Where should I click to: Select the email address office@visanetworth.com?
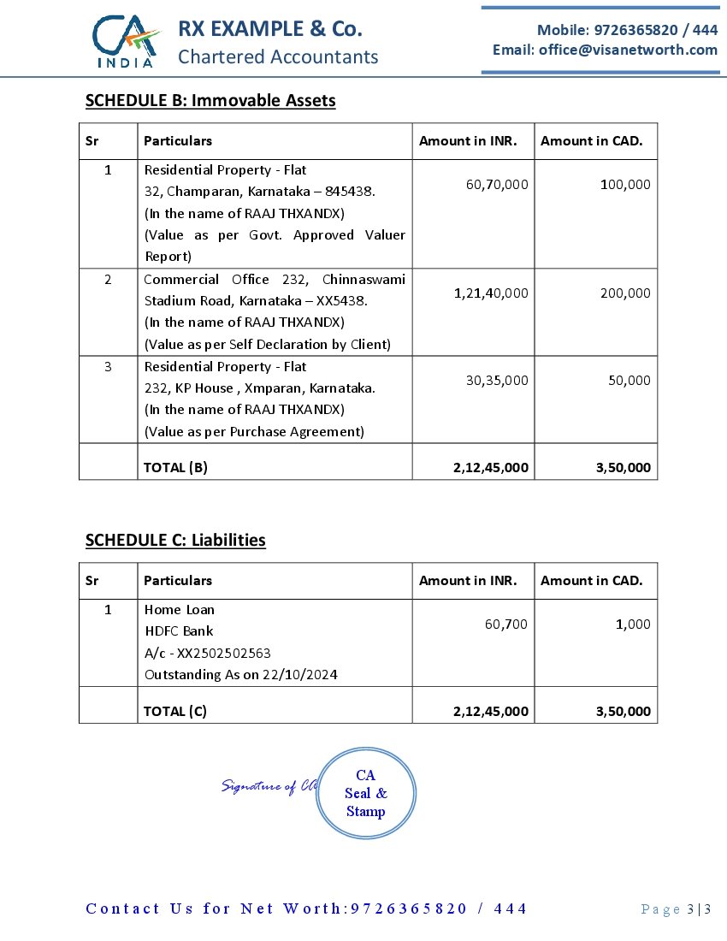(x=628, y=50)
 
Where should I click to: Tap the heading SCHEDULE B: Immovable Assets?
(x=210, y=101)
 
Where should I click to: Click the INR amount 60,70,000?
(x=497, y=184)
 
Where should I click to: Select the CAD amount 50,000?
(x=629, y=380)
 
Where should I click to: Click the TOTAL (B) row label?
(x=175, y=467)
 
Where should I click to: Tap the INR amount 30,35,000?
(x=497, y=380)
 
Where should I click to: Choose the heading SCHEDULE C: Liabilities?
(x=175, y=541)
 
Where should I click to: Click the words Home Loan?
(x=179, y=610)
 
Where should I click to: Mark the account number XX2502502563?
(x=224, y=653)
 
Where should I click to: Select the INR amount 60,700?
(x=505, y=624)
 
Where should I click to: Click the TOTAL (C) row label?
(x=175, y=711)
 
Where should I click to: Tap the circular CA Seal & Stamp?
(x=365, y=793)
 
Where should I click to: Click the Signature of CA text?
(x=269, y=785)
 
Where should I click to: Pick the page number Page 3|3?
(x=676, y=909)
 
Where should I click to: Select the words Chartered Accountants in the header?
(x=278, y=57)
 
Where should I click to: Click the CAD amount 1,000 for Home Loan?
(x=633, y=624)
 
